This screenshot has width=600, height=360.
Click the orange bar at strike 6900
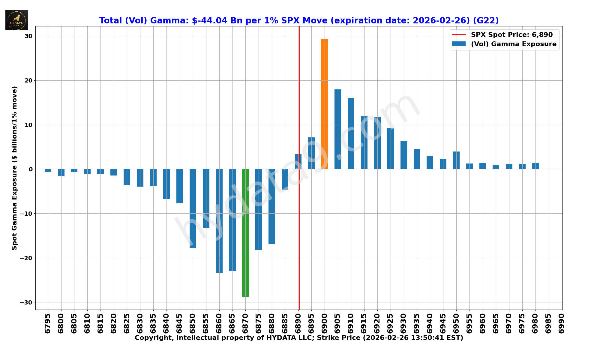tap(324, 104)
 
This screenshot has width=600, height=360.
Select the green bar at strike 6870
tap(245, 233)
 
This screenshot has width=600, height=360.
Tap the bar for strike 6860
tap(219, 221)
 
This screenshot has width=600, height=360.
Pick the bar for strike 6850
tap(193, 208)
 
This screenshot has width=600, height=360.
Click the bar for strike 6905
tap(337, 129)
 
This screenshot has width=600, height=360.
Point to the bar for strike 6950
tap(456, 160)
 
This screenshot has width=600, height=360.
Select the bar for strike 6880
tap(272, 206)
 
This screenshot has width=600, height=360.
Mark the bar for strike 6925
tap(390, 148)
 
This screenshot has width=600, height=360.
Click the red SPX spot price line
tap(299, 90)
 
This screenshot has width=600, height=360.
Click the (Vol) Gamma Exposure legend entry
tap(513, 44)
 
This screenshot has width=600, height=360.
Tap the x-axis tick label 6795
tap(48, 323)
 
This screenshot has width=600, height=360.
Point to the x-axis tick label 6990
tap(561, 323)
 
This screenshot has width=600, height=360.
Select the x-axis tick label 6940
tap(430, 323)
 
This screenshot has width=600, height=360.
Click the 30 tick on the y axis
tap(28, 36)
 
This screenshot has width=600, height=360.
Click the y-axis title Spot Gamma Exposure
tap(14, 168)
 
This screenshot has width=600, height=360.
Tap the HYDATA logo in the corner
tap(16, 20)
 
